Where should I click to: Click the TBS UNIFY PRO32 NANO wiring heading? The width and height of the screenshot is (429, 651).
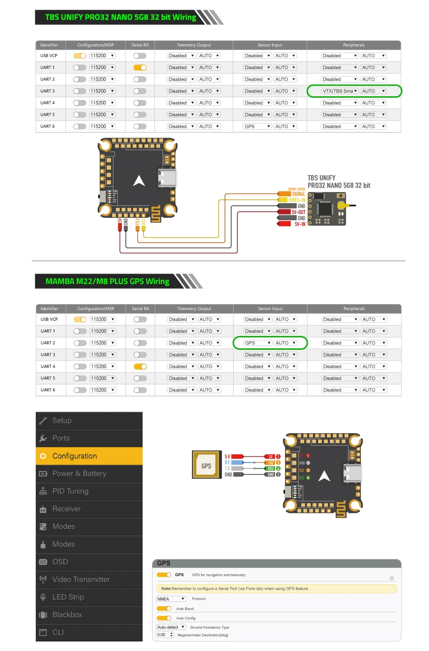point(121,17)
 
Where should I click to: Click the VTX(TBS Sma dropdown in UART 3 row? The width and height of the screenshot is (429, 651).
point(339,91)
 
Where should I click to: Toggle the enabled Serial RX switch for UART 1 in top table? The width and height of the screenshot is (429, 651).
point(140,68)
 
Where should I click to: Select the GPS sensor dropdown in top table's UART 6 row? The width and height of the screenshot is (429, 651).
point(257,126)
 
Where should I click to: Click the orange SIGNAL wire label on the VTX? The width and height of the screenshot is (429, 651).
point(297,194)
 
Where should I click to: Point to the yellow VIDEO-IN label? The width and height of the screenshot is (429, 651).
point(296,200)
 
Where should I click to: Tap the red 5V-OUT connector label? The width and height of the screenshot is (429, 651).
point(298,212)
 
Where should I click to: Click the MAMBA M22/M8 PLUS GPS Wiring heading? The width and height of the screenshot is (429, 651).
point(107,281)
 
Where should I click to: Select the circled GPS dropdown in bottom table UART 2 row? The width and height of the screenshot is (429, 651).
point(257,343)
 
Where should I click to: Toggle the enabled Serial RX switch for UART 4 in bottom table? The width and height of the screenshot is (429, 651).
point(140,366)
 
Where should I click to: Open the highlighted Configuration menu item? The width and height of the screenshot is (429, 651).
point(89,456)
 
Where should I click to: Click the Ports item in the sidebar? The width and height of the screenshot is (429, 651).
point(61,438)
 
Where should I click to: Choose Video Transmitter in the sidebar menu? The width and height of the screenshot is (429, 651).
point(81,580)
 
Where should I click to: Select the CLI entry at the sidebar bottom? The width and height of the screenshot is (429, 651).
point(58,632)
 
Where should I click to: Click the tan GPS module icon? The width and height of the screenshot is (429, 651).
point(206,465)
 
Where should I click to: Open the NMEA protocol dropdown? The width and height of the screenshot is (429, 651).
point(171,599)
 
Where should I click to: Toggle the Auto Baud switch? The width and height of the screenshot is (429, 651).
point(164,609)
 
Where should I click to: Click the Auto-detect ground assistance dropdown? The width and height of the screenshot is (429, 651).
point(171,627)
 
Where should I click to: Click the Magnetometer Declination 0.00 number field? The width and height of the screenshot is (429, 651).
point(165,635)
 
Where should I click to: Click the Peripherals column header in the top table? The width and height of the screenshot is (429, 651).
point(354,45)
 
